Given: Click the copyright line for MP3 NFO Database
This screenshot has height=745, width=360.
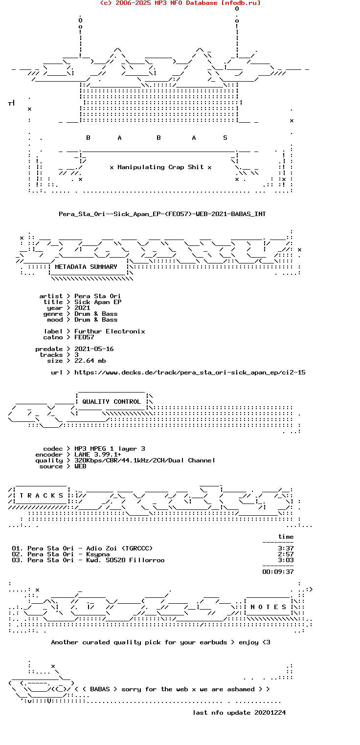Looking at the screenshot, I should (x=180, y=3).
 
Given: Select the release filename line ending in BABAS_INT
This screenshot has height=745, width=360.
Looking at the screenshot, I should (x=162, y=214).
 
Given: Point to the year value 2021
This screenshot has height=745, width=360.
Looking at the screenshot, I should (x=82, y=308).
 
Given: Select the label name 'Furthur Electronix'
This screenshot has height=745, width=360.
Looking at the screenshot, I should (x=110, y=331).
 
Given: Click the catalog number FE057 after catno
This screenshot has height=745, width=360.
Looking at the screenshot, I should (x=84, y=337).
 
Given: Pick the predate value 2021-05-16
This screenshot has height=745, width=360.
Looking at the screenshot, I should (x=94, y=349).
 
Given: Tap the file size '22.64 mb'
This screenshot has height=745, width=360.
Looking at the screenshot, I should (x=90, y=361).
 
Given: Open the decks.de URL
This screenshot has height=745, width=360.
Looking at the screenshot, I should (x=190, y=372).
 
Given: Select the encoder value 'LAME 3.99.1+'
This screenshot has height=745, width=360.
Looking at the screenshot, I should (x=98, y=455).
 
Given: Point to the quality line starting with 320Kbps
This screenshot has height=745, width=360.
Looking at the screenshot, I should (x=145, y=460).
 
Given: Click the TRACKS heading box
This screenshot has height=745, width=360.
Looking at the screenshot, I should (x=39, y=496).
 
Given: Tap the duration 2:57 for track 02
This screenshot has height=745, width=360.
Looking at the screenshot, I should (x=286, y=554).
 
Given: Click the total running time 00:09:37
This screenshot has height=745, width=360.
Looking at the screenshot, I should (x=278, y=572).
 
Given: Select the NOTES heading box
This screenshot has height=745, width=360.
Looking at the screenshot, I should (x=268, y=607).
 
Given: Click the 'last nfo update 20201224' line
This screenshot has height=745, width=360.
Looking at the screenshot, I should (x=239, y=713).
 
